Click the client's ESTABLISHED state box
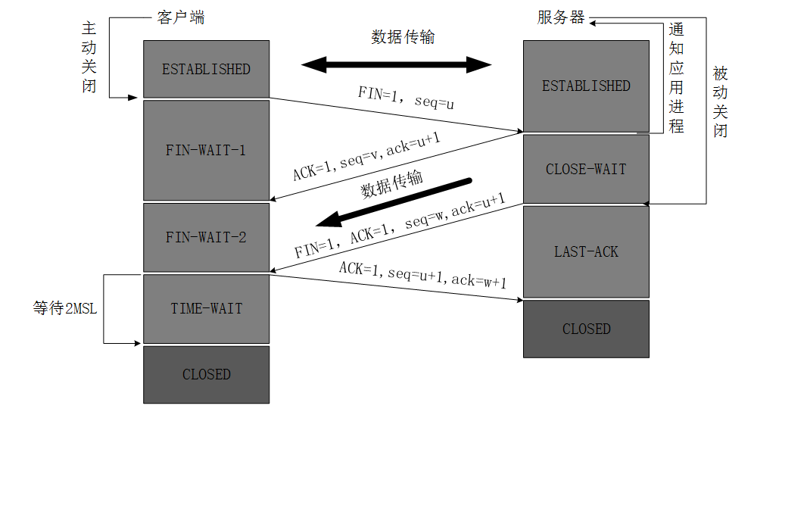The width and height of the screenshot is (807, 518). click(x=206, y=69)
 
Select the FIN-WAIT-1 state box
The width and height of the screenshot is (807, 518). click(x=206, y=150)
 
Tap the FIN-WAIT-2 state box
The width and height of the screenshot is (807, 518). click(x=206, y=237)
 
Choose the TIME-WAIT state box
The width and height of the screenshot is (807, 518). click(x=206, y=308)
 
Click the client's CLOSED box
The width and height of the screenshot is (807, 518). click(x=206, y=374)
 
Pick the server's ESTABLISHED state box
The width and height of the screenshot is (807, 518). click(x=586, y=86)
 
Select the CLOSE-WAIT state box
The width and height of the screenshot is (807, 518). click(x=586, y=169)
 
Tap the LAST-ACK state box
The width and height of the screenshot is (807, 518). click(x=586, y=251)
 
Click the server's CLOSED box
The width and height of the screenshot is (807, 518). click(x=586, y=329)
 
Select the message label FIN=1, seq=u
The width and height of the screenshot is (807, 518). click(x=407, y=98)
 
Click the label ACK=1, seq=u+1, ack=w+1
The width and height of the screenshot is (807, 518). click(x=422, y=275)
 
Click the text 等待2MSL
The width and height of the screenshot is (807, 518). click(x=65, y=309)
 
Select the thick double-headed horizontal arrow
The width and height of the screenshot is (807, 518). click(x=397, y=64)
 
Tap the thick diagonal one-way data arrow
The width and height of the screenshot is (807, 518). click(x=394, y=203)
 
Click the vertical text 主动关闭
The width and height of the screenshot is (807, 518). click(x=89, y=57)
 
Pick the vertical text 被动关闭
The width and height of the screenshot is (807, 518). click(x=720, y=102)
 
